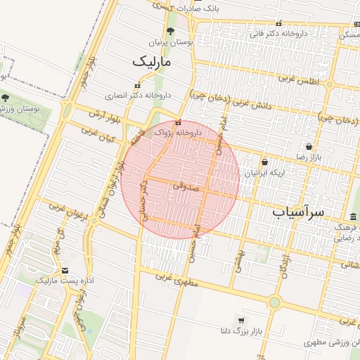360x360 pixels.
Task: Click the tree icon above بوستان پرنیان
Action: [170, 31]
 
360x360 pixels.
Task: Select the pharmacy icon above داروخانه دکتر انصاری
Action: [137, 84]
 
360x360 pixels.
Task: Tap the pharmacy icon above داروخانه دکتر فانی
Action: [279, 22]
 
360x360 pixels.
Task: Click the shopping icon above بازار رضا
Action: [309, 146]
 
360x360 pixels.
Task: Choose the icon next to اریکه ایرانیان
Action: [264, 162]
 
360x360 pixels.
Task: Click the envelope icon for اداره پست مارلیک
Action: [65, 270]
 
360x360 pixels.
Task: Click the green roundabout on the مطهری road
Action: [274, 302]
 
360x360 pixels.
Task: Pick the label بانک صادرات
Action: [214, 8]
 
